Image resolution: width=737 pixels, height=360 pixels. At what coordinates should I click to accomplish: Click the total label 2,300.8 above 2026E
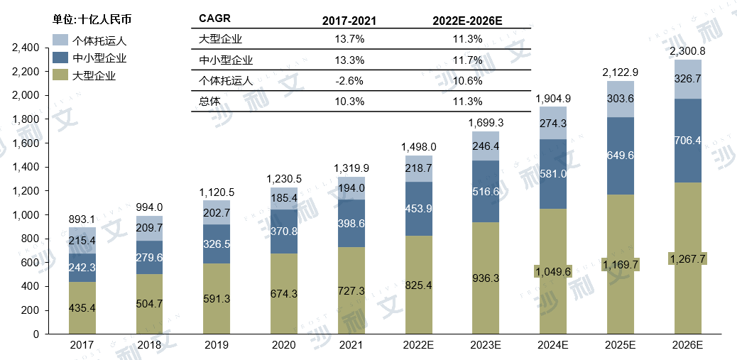tap(688, 51)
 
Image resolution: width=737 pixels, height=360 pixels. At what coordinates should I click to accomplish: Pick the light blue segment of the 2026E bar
tap(688, 79)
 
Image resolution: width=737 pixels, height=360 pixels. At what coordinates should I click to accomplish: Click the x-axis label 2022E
tap(419, 345)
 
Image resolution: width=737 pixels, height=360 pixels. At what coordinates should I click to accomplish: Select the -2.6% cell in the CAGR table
tap(349, 80)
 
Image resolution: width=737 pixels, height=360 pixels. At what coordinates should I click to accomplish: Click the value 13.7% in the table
tap(349, 38)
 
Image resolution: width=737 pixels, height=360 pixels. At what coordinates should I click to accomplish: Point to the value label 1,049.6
tap(553, 271)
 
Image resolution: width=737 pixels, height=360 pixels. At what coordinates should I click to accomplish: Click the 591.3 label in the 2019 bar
tap(217, 299)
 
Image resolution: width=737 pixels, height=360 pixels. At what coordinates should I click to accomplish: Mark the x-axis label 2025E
tap(621, 345)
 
